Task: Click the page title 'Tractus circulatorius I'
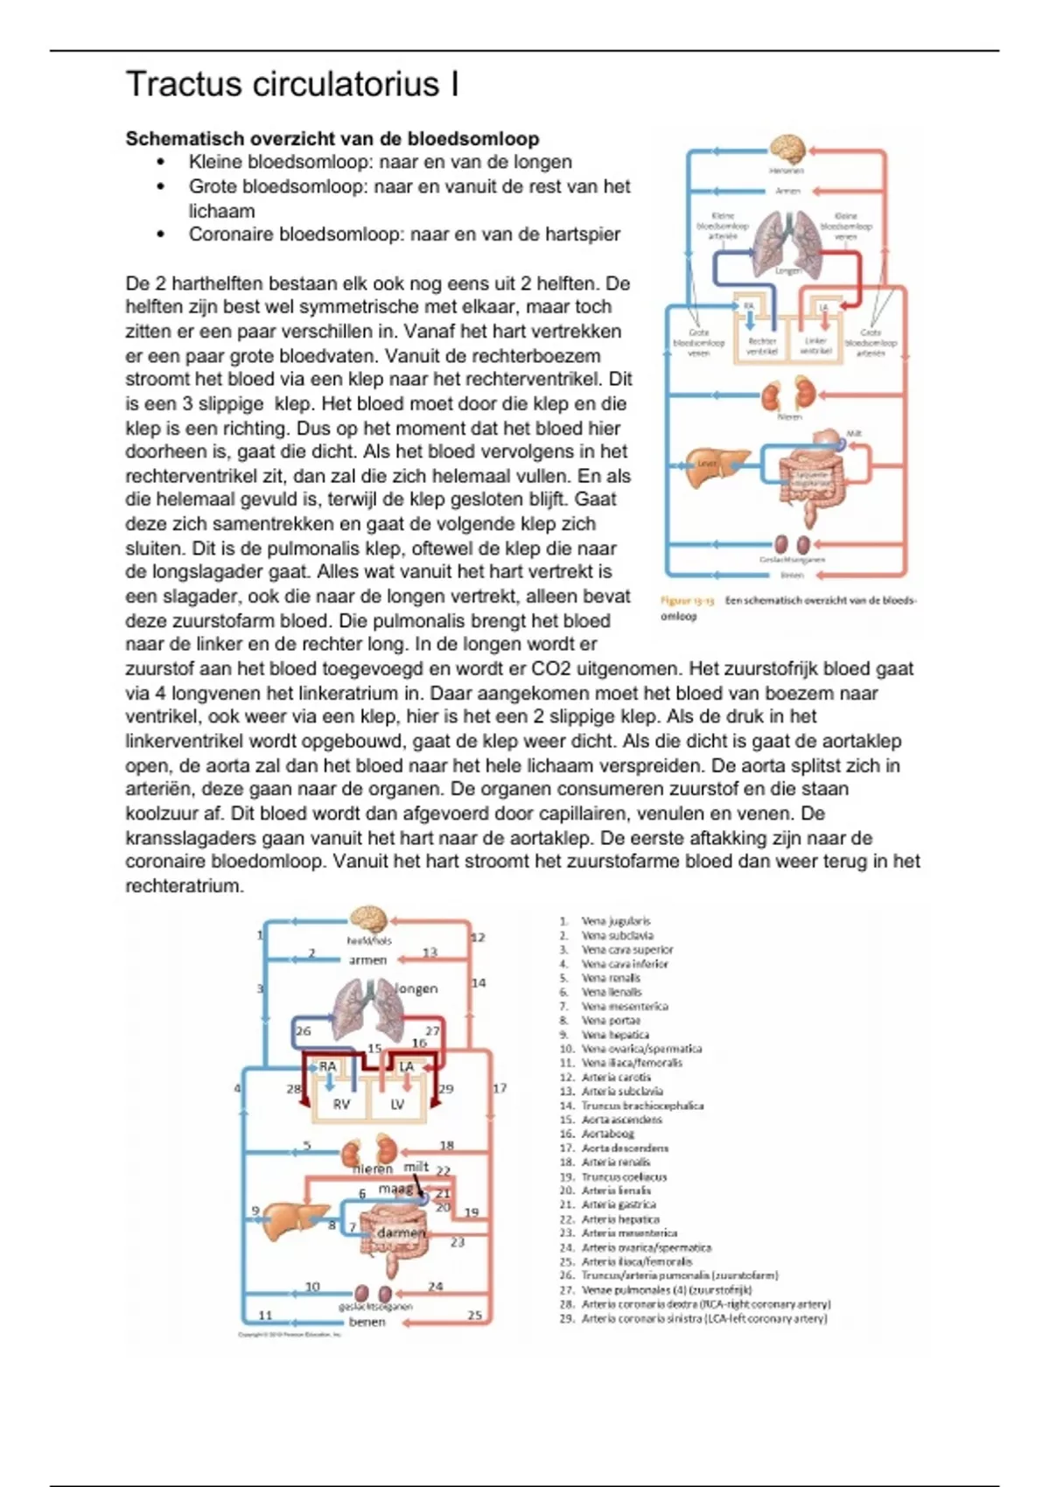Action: [292, 85]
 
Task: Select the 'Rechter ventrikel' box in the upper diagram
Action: [762, 346]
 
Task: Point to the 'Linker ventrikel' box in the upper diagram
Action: [815, 346]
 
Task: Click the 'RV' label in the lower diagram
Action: [341, 1104]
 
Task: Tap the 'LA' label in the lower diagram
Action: [406, 1066]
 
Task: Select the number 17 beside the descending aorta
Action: [500, 1089]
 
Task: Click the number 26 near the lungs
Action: [304, 1031]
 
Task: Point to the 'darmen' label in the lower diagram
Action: [401, 1232]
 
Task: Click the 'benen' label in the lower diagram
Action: [367, 1322]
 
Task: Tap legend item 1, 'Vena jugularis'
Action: [616, 921]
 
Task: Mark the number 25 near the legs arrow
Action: [475, 1315]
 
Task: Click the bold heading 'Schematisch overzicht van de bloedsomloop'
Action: [332, 138]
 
